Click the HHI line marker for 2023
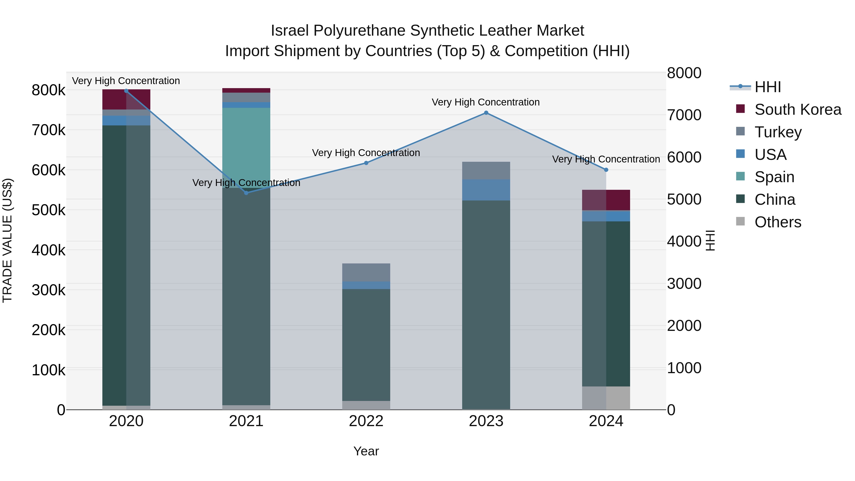pyautogui.click(x=486, y=113)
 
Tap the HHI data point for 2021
pyautogui.click(x=246, y=193)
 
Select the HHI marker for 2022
pyautogui.click(x=366, y=163)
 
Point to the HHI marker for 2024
pyautogui.click(x=606, y=170)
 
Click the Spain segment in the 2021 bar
pyautogui.click(x=246, y=148)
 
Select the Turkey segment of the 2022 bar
pyautogui.click(x=366, y=272)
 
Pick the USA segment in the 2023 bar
pyautogui.click(x=486, y=190)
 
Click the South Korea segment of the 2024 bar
pyautogui.click(x=606, y=200)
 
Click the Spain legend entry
pyautogui.click(x=774, y=177)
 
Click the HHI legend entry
pyautogui.click(x=767, y=87)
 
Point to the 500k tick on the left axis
pyautogui.click(x=48, y=210)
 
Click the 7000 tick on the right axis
pyautogui.click(x=684, y=115)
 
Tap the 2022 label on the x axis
pyautogui.click(x=366, y=421)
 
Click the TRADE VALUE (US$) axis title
pyautogui.click(x=7, y=241)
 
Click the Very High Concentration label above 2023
pyautogui.click(x=486, y=102)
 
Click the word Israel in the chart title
pyautogui.click(x=290, y=31)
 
